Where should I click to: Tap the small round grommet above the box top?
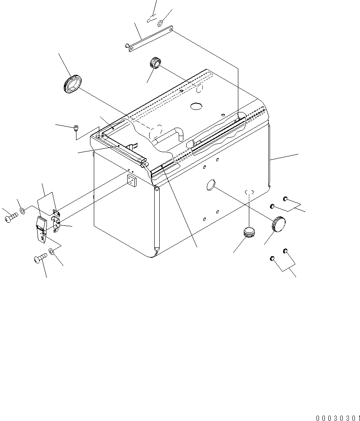(155, 63)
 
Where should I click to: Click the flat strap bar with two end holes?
(150, 38)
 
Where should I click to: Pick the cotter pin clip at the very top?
(151, 19)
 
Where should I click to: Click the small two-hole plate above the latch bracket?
(56, 213)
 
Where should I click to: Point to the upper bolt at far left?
(11, 217)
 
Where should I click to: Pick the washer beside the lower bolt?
(51, 252)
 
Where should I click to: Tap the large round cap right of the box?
(278, 224)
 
